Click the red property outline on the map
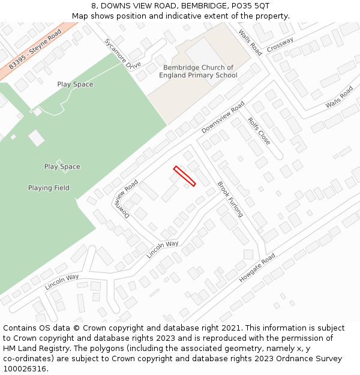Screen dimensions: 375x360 184,176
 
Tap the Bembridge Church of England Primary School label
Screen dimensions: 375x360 198,71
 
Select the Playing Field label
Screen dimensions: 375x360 49,188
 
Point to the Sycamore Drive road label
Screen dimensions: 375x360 122,53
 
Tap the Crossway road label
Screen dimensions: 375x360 280,44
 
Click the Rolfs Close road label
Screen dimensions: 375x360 259,131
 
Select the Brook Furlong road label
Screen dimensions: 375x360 230,199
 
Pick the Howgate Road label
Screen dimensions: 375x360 257,268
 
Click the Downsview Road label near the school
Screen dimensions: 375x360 223,118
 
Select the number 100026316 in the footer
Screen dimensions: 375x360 25,368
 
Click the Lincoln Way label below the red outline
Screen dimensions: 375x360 163,249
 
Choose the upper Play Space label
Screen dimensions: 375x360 75,84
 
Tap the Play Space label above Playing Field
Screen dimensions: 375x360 62,166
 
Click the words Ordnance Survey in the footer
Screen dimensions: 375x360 315,359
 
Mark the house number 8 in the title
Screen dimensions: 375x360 94,5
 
